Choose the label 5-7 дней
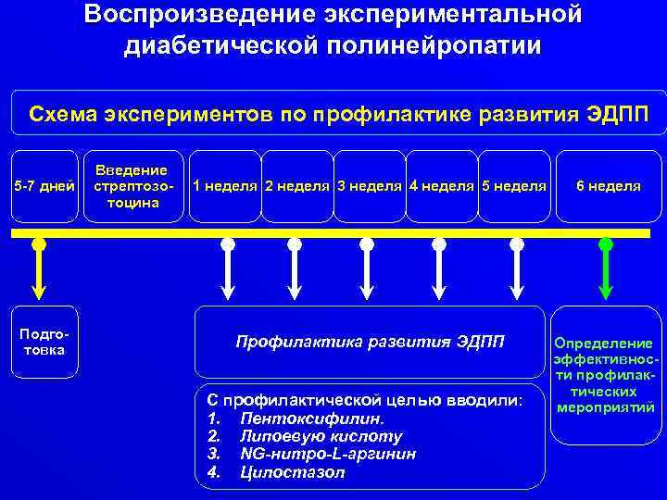44,186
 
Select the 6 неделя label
608,186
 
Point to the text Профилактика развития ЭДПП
371,342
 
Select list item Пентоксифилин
311,419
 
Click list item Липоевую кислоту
321,436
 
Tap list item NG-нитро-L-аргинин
327,454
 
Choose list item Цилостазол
291,472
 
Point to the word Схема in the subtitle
61,115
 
